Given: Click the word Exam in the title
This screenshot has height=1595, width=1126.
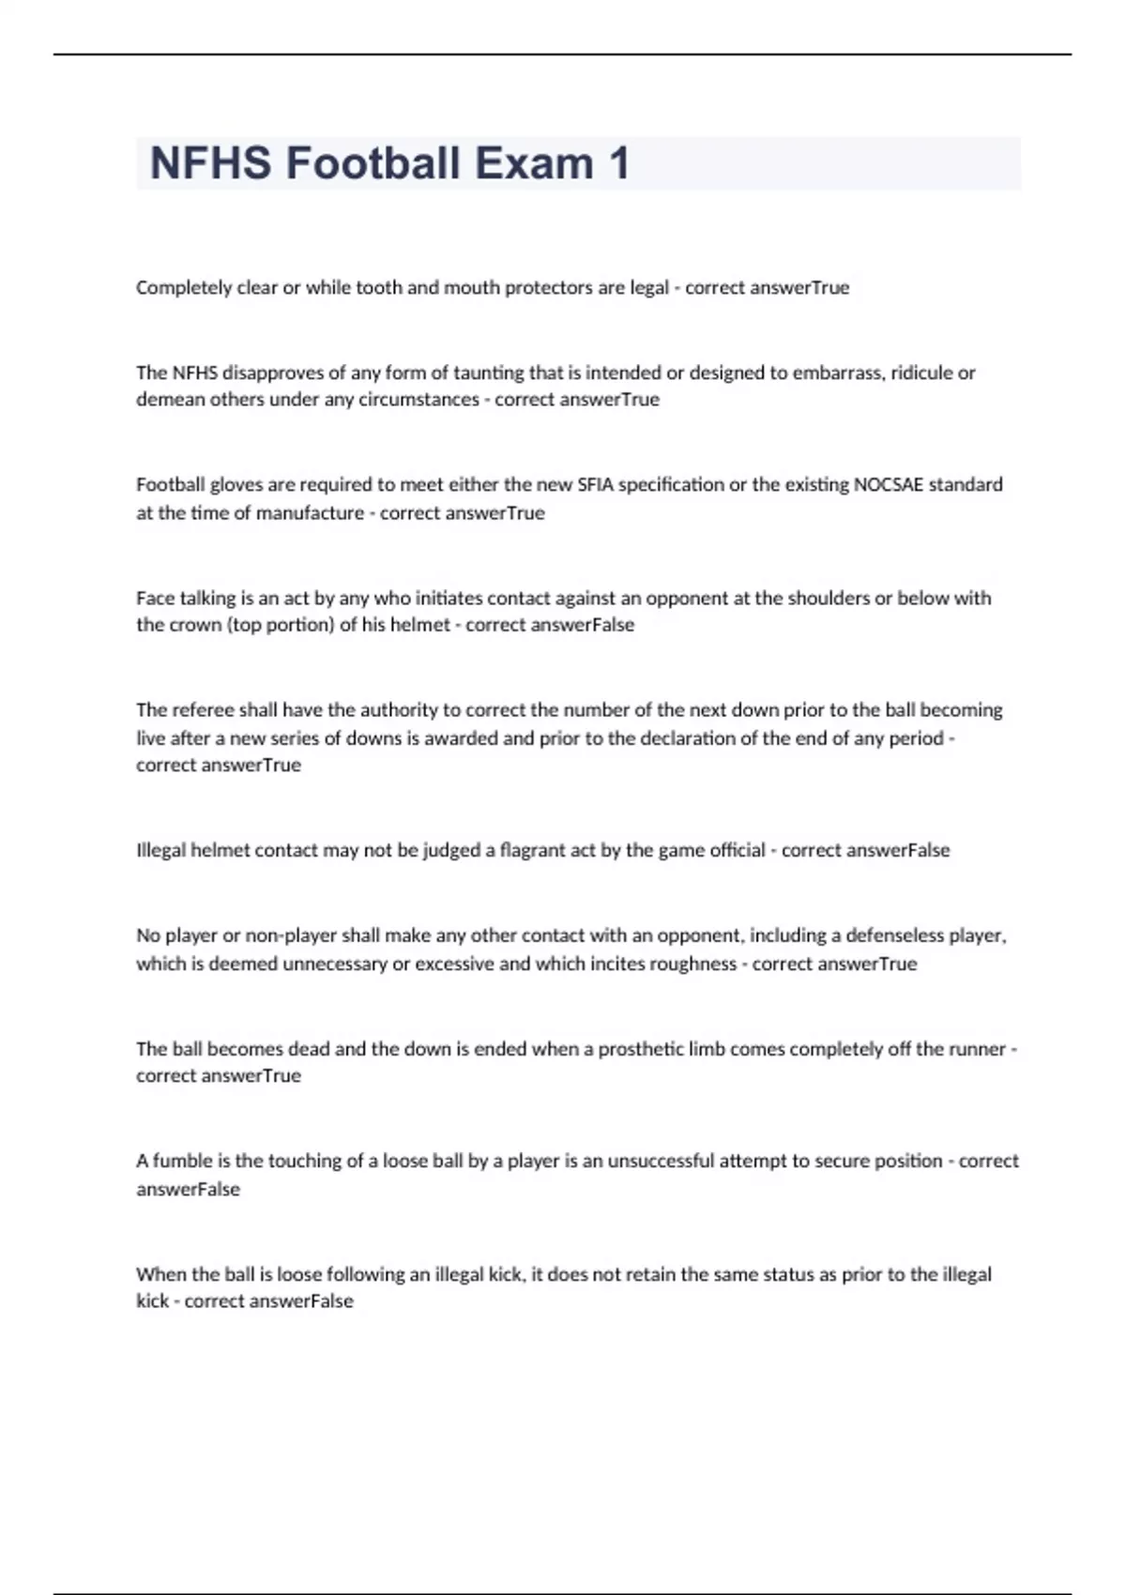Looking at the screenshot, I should [534, 163].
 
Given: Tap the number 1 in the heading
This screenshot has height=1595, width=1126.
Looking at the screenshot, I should [618, 163].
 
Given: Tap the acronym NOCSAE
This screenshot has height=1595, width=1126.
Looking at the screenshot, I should [888, 485].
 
